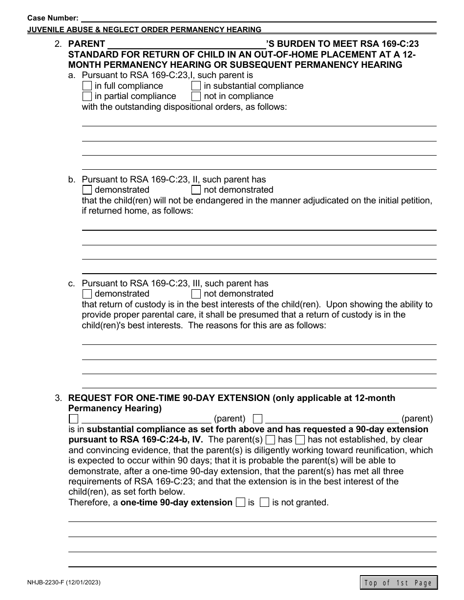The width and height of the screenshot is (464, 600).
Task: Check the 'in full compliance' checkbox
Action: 87,86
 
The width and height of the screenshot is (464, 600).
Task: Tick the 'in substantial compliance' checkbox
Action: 196,86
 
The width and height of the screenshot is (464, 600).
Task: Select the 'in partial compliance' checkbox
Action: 87,97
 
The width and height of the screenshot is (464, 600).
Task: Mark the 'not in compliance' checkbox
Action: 196,97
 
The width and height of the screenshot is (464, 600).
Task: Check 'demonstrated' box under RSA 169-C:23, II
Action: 87,190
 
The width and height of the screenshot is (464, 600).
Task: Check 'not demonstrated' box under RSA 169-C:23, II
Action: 196,190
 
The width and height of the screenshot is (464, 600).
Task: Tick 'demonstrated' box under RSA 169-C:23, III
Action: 87,294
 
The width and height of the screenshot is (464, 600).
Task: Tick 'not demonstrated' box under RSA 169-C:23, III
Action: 196,294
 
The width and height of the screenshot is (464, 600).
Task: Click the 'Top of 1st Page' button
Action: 399,582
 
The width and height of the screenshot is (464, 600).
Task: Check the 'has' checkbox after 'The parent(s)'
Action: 270,440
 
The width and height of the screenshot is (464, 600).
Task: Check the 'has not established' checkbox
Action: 300,440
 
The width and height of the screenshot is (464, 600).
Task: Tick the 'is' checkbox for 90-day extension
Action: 240,502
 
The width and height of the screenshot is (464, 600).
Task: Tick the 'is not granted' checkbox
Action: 264,502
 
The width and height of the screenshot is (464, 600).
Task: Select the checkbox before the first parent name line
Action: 73,419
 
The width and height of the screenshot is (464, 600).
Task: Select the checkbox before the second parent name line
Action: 258,419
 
